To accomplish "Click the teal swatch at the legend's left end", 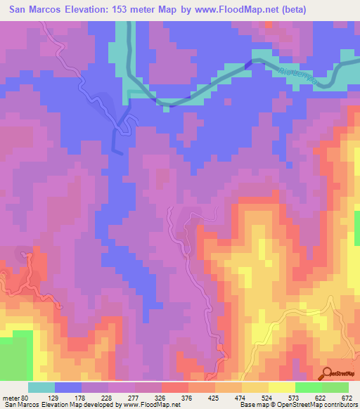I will pyautogui.click(x=41, y=387).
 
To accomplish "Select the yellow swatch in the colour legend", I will pyautogui.click(x=282, y=387).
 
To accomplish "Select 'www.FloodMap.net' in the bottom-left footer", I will pyautogui.click(x=140, y=405).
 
